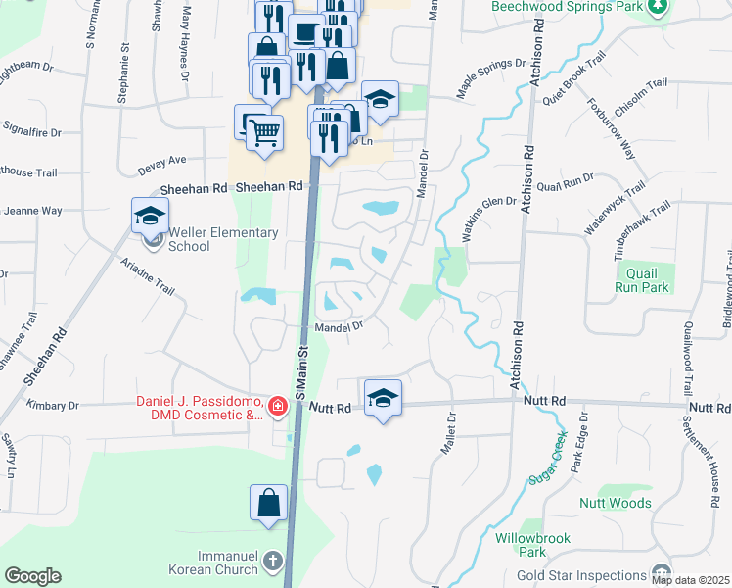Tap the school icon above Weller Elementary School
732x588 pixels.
point(151,214)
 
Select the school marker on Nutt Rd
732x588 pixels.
point(383,397)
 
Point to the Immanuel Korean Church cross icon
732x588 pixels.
point(272,563)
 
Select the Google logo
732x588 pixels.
point(32,576)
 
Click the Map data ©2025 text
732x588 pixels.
point(690,580)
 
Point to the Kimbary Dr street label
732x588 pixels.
point(53,405)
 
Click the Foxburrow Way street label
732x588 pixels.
point(612,128)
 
